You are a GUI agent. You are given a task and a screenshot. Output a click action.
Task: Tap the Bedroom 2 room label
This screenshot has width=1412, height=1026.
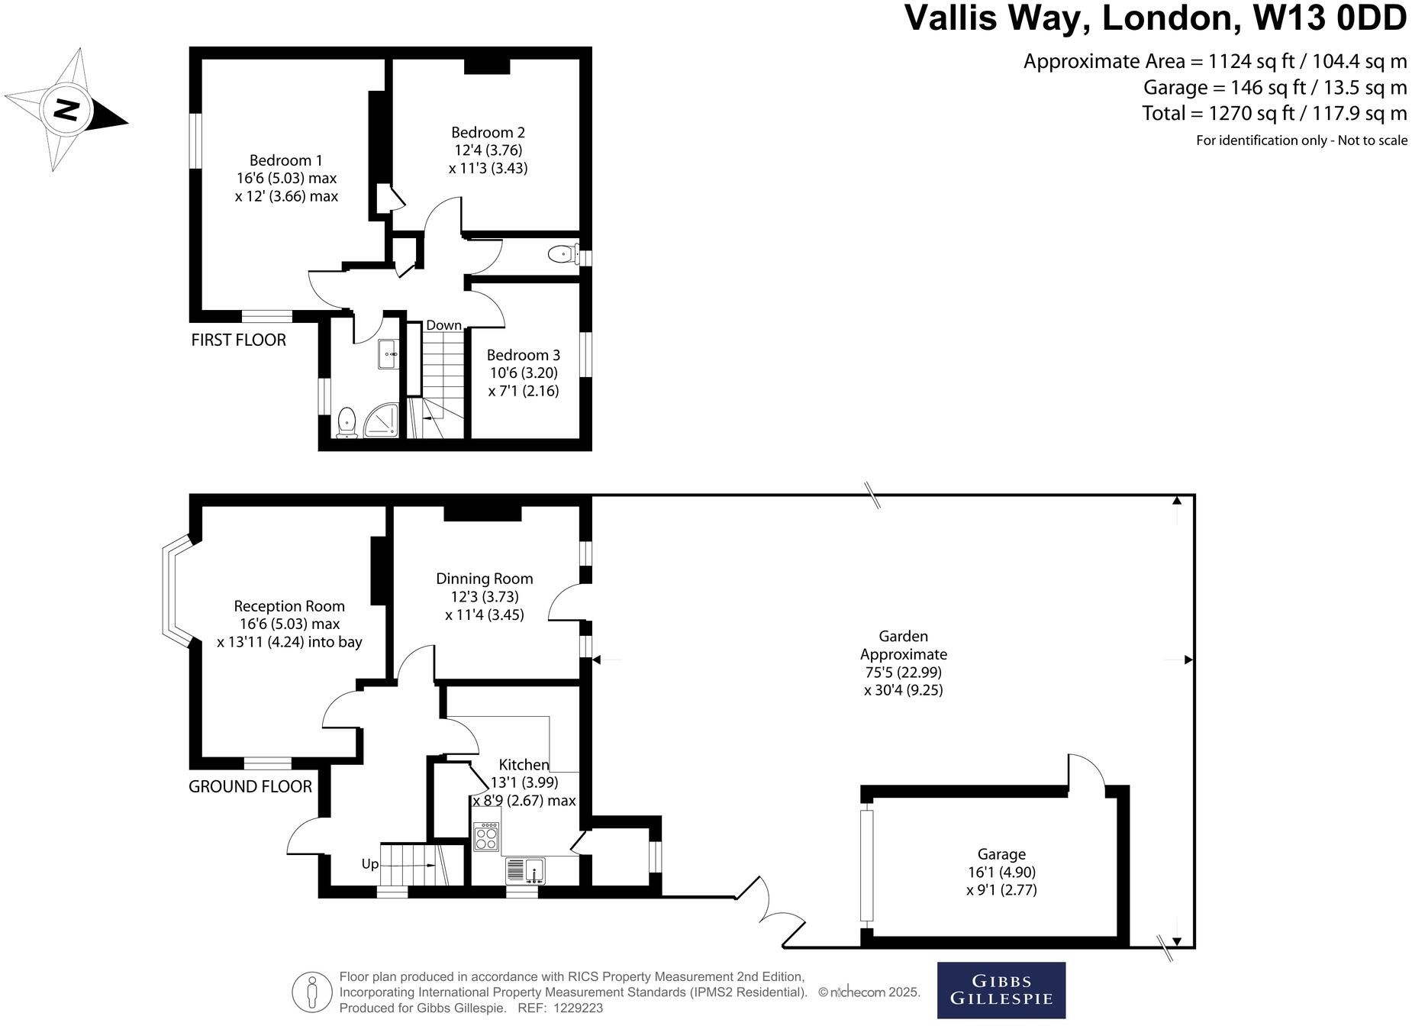(x=488, y=133)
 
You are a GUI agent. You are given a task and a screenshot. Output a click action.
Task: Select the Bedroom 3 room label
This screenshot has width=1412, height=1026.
(x=523, y=355)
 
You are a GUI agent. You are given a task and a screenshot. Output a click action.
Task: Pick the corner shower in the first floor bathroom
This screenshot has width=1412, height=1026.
(x=382, y=421)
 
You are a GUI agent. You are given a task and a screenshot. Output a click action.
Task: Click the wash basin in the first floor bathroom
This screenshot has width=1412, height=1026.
(x=388, y=354)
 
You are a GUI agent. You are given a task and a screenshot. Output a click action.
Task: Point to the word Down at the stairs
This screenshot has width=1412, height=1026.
(x=443, y=325)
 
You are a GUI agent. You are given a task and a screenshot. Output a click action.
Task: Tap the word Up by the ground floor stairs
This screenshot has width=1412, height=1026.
(x=369, y=864)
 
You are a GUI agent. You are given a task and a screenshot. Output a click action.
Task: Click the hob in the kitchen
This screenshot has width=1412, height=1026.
(x=486, y=837)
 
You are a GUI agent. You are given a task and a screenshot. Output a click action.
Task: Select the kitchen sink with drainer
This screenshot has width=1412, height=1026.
(x=524, y=870)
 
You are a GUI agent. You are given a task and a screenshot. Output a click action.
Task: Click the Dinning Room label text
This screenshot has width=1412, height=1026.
(x=484, y=579)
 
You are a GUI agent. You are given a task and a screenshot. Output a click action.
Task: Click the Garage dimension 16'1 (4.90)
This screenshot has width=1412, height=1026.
(x=1001, y=872)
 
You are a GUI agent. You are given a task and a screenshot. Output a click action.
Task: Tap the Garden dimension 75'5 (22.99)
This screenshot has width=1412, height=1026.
(x=903, y=673)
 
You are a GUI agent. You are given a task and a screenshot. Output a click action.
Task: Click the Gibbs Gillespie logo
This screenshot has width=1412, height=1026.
(x=1001, y=990)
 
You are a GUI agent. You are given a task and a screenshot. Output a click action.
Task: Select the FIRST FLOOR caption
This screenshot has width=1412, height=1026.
(x=238, y=340)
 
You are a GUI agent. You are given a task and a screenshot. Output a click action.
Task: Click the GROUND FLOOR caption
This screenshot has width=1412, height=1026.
(x=250, y=786)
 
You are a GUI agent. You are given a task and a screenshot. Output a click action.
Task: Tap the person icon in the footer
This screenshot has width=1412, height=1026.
(x=311, y=992)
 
